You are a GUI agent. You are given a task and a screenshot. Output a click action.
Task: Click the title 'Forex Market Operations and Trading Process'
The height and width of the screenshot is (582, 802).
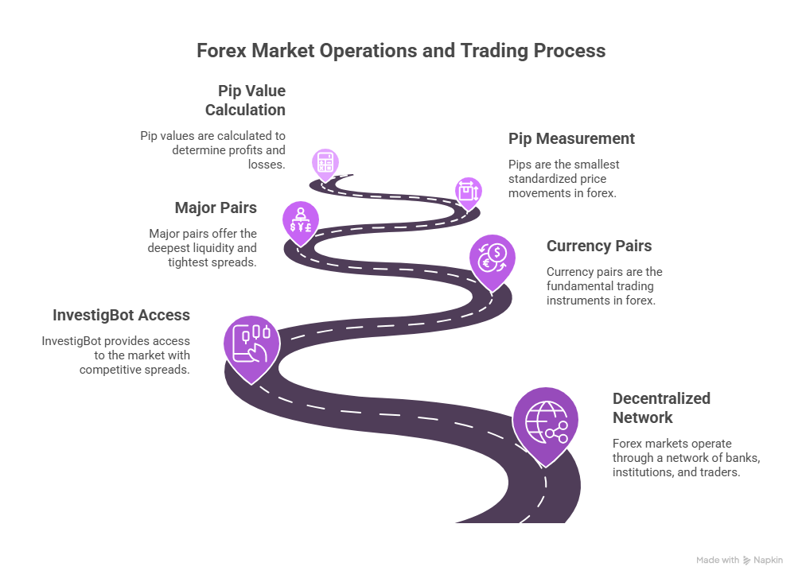point(401,51)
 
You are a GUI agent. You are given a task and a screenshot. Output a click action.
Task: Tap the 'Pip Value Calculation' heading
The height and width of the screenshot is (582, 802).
point(246,100)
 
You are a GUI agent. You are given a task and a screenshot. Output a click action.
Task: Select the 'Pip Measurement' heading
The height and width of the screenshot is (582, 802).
point(571,138)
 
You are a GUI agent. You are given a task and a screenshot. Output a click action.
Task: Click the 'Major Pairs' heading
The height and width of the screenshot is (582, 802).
point(216,208)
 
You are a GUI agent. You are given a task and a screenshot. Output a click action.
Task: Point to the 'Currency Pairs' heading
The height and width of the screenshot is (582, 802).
point(599,246)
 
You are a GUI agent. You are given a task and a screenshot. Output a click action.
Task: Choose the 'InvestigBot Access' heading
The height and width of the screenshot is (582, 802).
point(121,315)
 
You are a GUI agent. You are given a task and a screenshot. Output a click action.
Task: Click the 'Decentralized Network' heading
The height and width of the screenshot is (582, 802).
point(661,408)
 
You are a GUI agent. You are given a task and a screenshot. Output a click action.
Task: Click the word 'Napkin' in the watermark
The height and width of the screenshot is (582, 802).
point(768,560)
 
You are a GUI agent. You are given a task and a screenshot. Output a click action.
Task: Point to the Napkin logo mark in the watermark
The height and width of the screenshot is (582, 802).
point(747,560)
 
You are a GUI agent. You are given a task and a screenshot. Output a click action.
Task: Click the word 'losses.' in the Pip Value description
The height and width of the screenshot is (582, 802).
point(267,165)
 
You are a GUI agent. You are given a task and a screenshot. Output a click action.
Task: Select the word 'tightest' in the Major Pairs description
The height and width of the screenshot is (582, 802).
point(189,262)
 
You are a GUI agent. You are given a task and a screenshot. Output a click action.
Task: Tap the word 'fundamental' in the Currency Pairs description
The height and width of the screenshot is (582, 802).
point(578,286)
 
